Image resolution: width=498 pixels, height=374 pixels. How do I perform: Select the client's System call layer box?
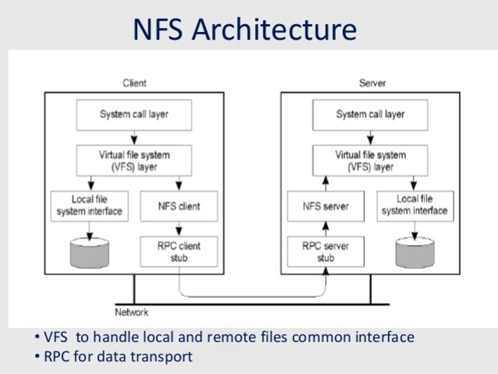[x=134, y=115]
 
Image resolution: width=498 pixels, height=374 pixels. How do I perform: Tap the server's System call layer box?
[x=370, y=115]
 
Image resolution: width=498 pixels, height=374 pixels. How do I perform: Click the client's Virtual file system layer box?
[x=134, y=161]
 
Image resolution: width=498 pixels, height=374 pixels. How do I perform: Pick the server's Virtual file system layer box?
[x=370, y=161]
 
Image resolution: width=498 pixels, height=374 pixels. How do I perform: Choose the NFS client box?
[x=178, y=206]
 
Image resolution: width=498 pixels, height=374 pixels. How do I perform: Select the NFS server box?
[x=325, y=206]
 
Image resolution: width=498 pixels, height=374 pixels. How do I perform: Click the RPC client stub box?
[x=178, y=252]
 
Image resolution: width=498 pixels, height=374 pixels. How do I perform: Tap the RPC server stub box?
[x=325, y=252]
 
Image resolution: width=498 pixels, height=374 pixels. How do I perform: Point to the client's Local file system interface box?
[x=87, y=206]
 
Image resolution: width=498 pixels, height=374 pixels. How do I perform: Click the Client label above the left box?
[x=134, y=83]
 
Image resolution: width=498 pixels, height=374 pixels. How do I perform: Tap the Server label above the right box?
[x=372, y=83]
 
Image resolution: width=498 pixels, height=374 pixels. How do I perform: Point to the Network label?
[x=132, y=312]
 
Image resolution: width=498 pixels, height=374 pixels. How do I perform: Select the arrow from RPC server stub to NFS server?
[x=325, y=228]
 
